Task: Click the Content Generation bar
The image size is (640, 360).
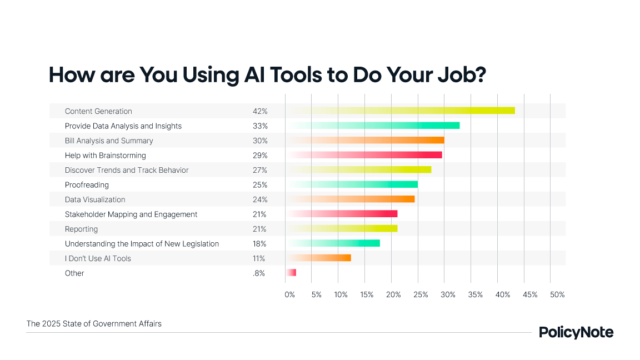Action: tap(400, 111)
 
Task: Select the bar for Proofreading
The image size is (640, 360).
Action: tap(352, 184)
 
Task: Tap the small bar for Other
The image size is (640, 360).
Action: tap(291, 273)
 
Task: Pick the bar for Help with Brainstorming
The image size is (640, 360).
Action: tap(364, 155)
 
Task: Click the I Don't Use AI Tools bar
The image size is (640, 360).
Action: tap(318, 258)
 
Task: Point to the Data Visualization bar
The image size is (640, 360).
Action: tap(350, 199)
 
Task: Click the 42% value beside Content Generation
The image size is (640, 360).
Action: tap(260, 111)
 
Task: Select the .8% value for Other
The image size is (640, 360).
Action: tap(259, 273)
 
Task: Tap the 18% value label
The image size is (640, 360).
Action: tap(259, 244)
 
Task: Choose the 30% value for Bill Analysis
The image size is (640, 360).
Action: tap(260, 141)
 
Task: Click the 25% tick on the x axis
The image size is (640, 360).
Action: tap(421, 294)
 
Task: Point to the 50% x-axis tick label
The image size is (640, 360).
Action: tap(557, 294)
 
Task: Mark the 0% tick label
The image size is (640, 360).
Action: tap(289, 294)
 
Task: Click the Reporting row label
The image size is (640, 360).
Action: tap(81, 229)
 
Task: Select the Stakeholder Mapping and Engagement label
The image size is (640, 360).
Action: tap(131, 214)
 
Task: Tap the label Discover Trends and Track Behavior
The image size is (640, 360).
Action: tap(127, 170)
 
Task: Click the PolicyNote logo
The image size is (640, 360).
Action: tap(576, 332)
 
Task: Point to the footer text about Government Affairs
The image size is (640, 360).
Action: tap(94, 323)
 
